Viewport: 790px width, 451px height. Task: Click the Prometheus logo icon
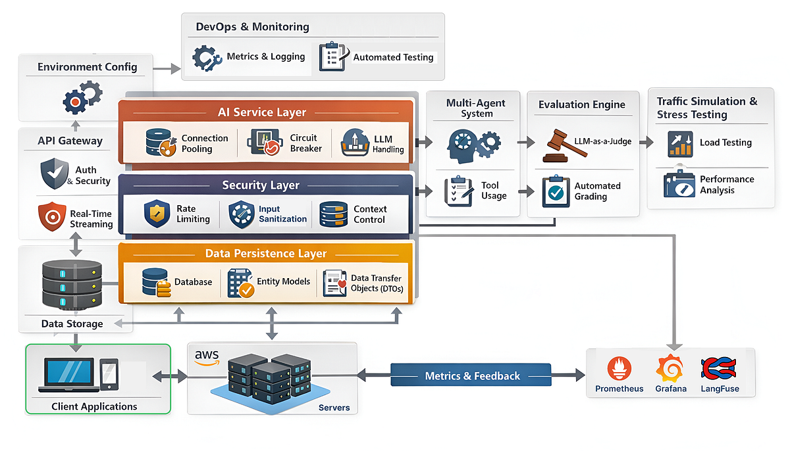(619, 368)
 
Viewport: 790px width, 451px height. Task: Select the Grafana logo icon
(670, 368)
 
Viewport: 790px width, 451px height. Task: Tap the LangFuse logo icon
(719, 368)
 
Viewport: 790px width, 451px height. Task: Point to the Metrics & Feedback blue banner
(471, 376)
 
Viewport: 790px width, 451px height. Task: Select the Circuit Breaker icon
(265, 143)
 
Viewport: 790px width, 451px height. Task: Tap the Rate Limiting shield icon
(157, 214)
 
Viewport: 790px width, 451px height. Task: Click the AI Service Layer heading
(261, 112)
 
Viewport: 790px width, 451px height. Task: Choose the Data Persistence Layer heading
(265, 253)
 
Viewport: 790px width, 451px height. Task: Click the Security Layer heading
(261, 185)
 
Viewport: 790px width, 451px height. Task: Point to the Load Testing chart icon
(679, 143)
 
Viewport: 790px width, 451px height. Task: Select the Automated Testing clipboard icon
(332, 57)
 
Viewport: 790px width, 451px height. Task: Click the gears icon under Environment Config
(82, 97)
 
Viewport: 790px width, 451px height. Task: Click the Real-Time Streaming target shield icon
(52, 218)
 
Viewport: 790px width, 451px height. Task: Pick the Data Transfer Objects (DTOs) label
(376, 283)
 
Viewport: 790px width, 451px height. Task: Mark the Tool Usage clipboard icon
(460, 191)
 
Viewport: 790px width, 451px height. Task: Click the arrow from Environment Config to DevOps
(167, 67)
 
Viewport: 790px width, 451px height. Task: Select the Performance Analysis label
(726, 185)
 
